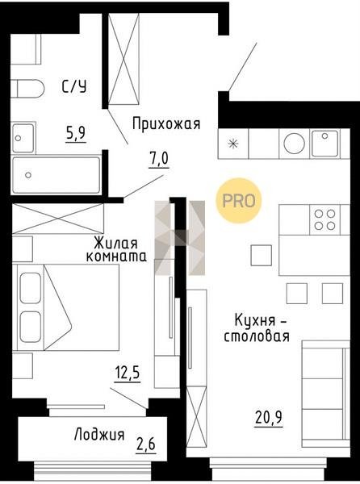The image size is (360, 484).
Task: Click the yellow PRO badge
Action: tap(239, 201)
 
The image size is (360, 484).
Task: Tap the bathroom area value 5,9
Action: tap(76, 133)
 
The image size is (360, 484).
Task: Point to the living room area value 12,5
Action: tap(128, 373)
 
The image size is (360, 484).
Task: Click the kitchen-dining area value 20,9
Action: tap(269, 418)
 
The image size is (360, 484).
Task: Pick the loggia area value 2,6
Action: tap(146, 444)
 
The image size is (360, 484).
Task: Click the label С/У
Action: tap(74, 87)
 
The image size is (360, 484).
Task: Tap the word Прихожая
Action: tap(166, 124)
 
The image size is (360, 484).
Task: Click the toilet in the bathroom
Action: tap(27, 89)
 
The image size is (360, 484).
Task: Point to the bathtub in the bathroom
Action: tap(56, 175)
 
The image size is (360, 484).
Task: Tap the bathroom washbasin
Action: tap(23, 138)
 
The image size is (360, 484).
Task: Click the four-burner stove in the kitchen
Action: tap(324, 219)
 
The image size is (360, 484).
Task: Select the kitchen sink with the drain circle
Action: tap(324, 144)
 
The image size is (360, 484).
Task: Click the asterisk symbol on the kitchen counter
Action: tap(233, 144)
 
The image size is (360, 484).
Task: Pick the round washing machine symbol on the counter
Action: tap(295, 144)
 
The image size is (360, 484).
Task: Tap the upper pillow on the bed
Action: tap(30, 288)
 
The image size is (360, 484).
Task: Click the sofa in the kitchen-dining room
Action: tap(326, 394)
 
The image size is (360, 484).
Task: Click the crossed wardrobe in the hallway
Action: tap(123, 59)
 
